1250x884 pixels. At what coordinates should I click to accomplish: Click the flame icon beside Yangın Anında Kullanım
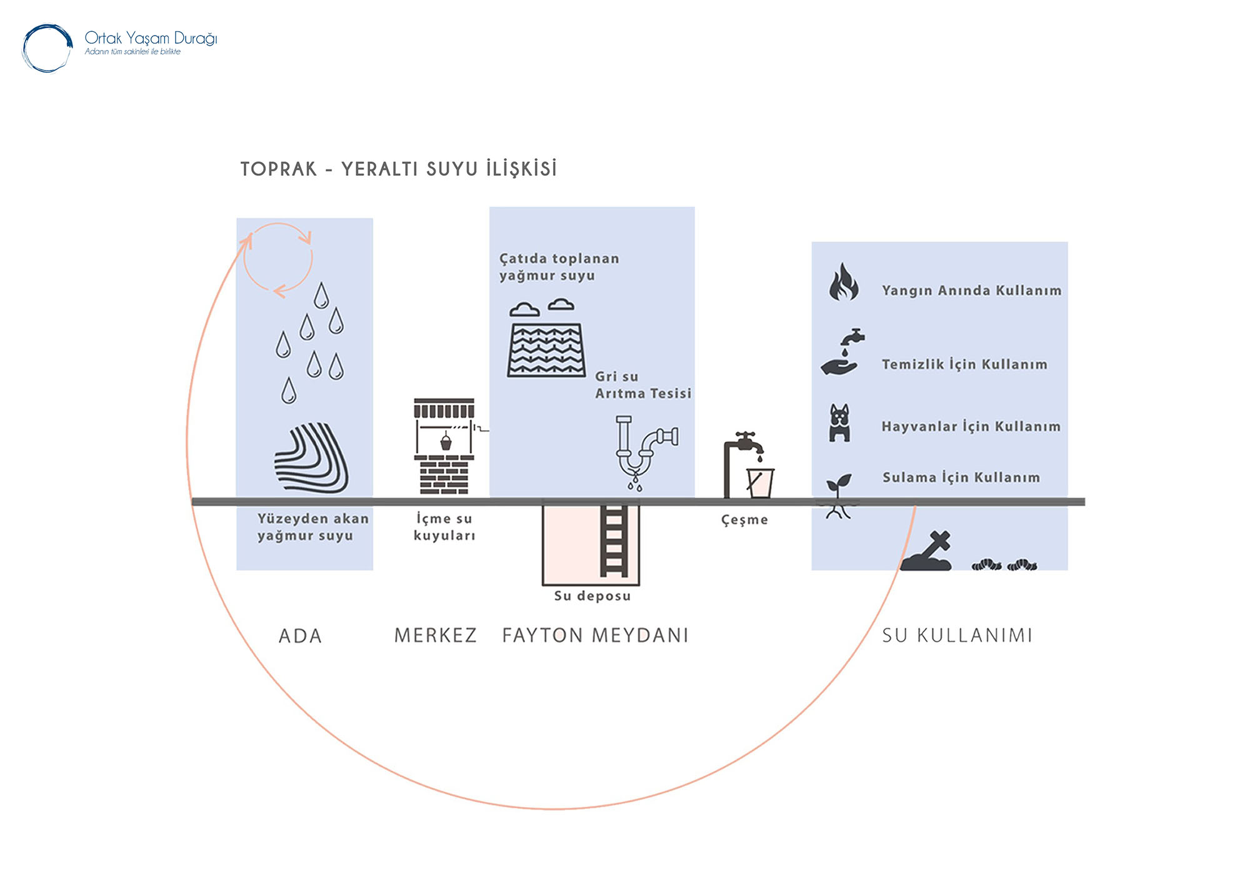point(843,282)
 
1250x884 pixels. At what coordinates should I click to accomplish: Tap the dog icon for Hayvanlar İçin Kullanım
point(839,423)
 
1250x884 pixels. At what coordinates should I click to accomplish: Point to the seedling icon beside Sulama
point(838,495)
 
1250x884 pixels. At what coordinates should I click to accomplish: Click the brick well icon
point(444,446)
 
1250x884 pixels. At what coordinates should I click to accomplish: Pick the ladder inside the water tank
point(614,541)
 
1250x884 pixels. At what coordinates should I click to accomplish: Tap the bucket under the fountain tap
point(760,483)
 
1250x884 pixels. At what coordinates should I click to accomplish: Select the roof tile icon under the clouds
point(546,350)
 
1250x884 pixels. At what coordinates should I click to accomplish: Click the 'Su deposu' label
point(592,596)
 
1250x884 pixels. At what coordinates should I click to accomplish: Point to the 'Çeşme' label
point(744,520)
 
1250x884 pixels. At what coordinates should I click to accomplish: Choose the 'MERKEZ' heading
point(436,635)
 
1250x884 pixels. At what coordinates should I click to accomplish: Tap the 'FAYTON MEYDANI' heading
point(595,635)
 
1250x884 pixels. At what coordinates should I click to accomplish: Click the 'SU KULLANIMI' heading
point(957,635)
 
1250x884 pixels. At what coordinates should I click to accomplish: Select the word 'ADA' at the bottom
point(300,636)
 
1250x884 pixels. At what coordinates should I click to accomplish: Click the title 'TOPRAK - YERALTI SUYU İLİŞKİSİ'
point(399,169)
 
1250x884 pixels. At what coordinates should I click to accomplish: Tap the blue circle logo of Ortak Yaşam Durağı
point(47,48)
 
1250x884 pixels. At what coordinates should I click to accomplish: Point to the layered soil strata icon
point(311,458)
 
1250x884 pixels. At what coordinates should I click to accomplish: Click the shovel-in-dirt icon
point(927,552)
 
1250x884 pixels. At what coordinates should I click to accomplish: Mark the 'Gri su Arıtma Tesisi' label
point(642,385)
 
